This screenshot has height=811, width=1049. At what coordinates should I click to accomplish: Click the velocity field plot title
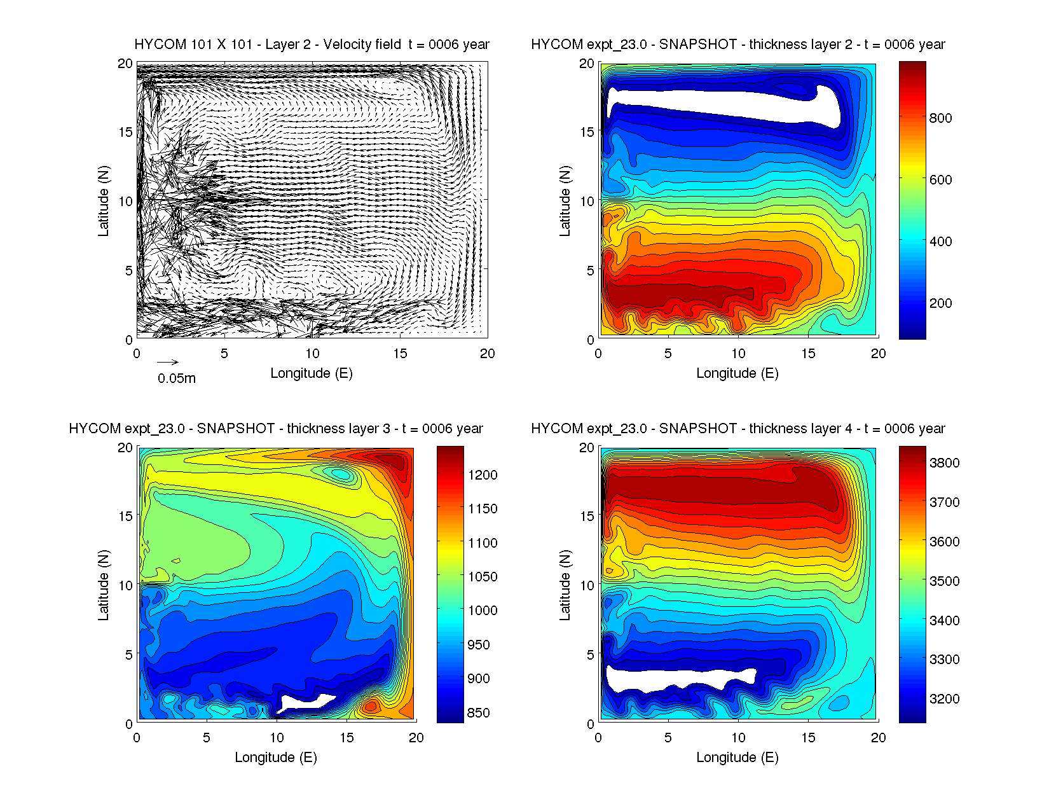(x=312, y=45)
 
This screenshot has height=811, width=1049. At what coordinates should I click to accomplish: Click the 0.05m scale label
(x=177, y=378)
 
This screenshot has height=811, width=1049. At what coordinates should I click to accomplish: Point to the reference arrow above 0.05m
(x=168, y=363)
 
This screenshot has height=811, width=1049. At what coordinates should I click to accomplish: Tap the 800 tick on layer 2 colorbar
(x=940, y=118)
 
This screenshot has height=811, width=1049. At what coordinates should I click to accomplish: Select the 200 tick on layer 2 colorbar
(x=940, y=303)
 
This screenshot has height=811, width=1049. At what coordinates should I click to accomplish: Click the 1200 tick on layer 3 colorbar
(x=483, y=475)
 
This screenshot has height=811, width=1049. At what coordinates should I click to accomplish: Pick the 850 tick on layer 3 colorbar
(x=478, y=712)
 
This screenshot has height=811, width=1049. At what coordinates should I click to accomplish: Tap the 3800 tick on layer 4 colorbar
(x=944, y=462)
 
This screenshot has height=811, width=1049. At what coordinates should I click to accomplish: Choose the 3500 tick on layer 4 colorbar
(x=944, y=581)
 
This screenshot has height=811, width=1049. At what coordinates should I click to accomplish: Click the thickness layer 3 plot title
(x=276, y=429)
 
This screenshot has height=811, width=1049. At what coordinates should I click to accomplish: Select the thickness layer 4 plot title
(x=737, y=429)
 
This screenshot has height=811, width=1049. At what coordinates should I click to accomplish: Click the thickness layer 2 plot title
(x=737, y=45)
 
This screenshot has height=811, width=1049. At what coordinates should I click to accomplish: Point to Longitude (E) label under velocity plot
(x=312, y=373)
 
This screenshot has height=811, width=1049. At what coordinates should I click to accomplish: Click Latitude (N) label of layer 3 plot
(x=103, y=585)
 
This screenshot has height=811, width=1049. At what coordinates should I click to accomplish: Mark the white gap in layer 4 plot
(x=674, y=678)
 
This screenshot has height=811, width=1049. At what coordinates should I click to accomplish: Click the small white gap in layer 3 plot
(x=305, y=702)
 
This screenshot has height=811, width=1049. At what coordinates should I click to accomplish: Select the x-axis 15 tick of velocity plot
(x=400, y=354)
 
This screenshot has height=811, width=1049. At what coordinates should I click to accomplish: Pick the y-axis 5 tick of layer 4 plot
(x=590, y=655)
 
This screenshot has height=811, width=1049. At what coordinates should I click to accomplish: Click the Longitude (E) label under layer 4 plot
(x=737, y=758)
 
